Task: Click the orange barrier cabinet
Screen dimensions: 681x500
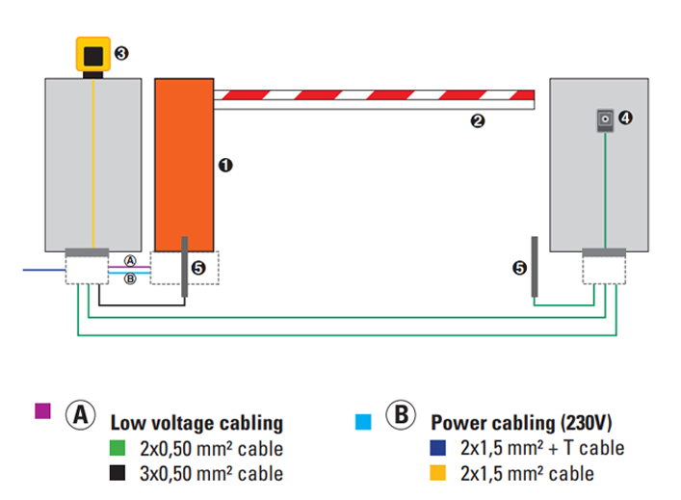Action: click(184, 165)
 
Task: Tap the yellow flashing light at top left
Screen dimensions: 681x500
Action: click(92, 54)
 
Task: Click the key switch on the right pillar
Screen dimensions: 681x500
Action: click(605, 119)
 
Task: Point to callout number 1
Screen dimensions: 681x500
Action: click(225, 165)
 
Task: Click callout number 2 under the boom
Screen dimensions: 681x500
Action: click(478, 120)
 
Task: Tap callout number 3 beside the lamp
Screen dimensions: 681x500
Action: click(121, 53)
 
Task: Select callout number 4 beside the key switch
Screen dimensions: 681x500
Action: click(625, 118)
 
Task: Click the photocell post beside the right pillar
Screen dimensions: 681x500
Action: click(535, 267)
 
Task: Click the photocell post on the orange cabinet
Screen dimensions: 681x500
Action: click(185, 267)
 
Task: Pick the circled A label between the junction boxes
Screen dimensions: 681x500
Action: click(130, 261)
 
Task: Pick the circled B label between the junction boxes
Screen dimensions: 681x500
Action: click(130, 278)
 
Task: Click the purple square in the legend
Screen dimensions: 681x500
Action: click(42, 411)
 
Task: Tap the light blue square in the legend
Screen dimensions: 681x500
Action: click(363, 422)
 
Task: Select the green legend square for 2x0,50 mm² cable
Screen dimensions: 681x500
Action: click(118, 448)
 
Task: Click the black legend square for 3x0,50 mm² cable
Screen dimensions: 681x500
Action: click(118, 473)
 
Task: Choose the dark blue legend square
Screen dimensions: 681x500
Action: click(437, 448)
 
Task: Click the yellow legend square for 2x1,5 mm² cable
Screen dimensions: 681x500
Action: click(437, 473)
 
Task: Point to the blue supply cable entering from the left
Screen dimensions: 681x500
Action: click(44, 270)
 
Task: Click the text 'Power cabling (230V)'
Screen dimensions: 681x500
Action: click(521, 423)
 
